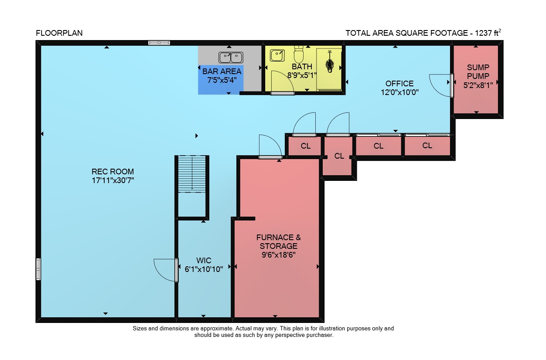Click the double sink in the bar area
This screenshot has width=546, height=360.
coord(231,58)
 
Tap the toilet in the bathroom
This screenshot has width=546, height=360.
coord(298,54)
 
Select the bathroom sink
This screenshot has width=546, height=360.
coord(277,55)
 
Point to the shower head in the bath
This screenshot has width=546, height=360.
coord(330,62)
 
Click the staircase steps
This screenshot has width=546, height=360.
coord(192,174)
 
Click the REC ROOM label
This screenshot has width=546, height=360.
coord(113,171)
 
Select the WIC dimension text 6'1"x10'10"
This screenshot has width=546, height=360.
coord(204,269)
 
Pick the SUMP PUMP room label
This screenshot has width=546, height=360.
coord(478,71)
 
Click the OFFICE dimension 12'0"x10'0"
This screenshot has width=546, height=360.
coord(399,92)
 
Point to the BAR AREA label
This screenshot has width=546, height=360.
coord(222,71)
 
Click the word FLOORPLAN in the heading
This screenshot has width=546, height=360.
coord(59,33)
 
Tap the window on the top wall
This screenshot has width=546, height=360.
coord(159,43)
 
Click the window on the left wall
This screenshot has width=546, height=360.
coord(38,269)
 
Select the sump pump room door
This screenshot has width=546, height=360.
coord(452,86)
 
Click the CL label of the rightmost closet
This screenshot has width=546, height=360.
coord(427,146)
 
